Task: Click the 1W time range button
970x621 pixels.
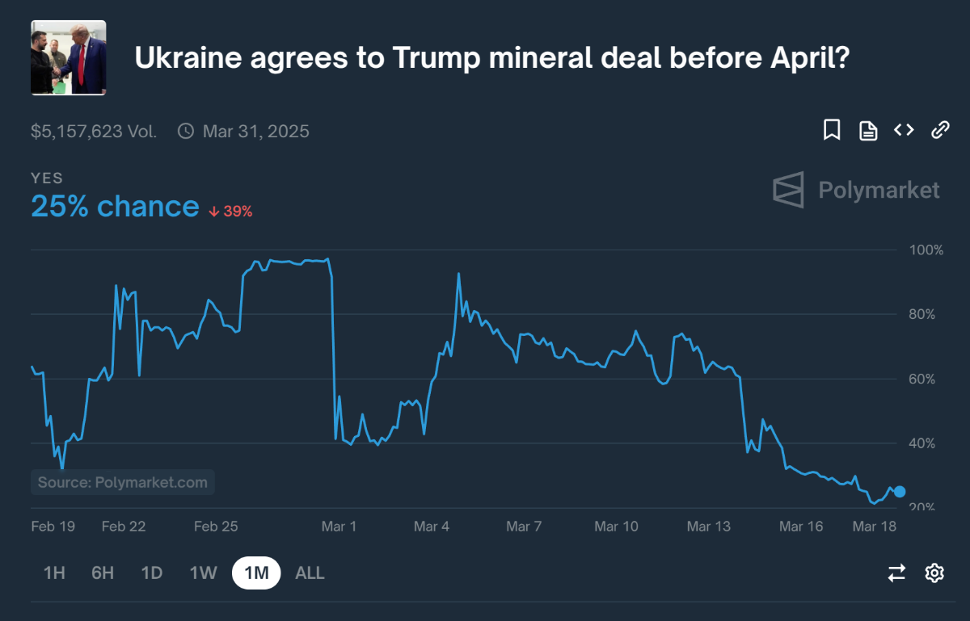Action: [x=204, y=573]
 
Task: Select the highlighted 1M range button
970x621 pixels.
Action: [x=256, y=573]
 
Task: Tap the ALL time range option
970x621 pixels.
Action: [x=310, y=573]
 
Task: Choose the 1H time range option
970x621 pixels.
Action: [x=54, y=573]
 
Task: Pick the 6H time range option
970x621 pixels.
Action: [x=103, y=573]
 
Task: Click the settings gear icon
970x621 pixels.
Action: [x=934, y=573]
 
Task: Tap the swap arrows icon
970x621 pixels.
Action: [x=896, y=573]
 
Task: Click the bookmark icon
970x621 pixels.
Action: [x=832, y=130]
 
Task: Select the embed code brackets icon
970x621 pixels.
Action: [x=904, y=130]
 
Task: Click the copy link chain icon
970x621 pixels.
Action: [x=940, y=130]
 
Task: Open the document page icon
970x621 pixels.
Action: [x=868, y=131]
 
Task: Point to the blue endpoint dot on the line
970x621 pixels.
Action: [x=900, y=492]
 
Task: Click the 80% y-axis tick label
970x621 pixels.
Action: [x=926, y=314]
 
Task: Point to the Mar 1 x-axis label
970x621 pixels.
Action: [x=339, y=527]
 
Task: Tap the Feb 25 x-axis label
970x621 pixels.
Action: [x=217, y=527]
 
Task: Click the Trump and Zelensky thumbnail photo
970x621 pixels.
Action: [x=69, y=57]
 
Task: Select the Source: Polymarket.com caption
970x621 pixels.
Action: [x=123, y=483]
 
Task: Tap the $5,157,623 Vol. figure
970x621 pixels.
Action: [x=94, y=131]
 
